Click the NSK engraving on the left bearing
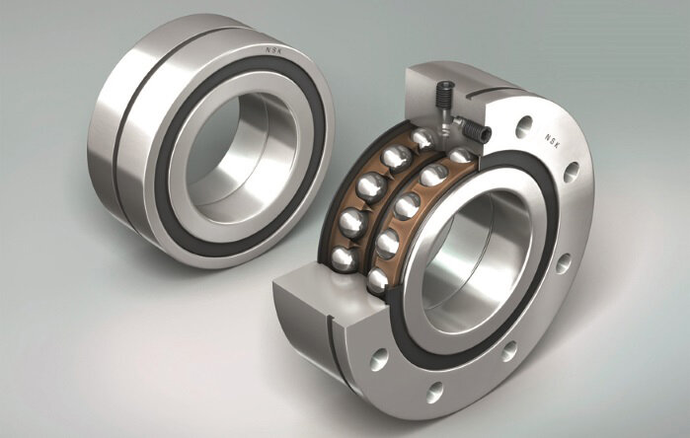275,51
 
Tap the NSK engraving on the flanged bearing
552,141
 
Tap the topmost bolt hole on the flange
524,126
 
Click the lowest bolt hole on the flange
434,393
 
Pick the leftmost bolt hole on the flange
379,359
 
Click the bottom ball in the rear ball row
345,259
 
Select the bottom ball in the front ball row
377,280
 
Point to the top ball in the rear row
422,138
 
